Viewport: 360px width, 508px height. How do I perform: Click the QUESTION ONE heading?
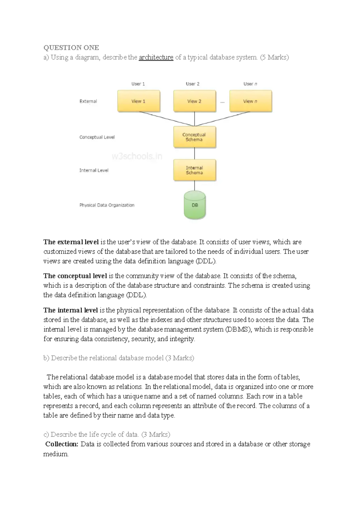[71, 48]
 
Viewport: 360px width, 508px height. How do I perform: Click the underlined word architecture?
[156, 57]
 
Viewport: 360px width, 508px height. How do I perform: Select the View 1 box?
[139, 101]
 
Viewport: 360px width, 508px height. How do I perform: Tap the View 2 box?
[194, 101]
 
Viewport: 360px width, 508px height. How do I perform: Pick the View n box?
[250, 101]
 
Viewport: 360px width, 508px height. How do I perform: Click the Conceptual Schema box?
[194, 137]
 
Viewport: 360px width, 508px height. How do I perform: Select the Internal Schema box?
[194, 170]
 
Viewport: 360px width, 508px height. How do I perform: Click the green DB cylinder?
[195, 206]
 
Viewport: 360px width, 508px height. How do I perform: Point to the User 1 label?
[138, 84]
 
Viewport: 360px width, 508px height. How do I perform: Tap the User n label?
[250, 84]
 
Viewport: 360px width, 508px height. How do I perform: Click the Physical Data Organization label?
[107, 205]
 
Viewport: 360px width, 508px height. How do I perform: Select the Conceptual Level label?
[97, 137]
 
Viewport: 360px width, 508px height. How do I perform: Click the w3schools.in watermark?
[137, 156]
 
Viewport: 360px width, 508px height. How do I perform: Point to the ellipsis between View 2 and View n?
[222, 102]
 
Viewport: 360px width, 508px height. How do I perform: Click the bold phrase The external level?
[71, 242]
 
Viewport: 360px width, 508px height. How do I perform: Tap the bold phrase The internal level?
[70, 310]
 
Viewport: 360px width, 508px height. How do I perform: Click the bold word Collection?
[62, 444]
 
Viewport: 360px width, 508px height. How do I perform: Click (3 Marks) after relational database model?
[180, 358]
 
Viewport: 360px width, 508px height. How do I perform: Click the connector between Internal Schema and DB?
[194, 186]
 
